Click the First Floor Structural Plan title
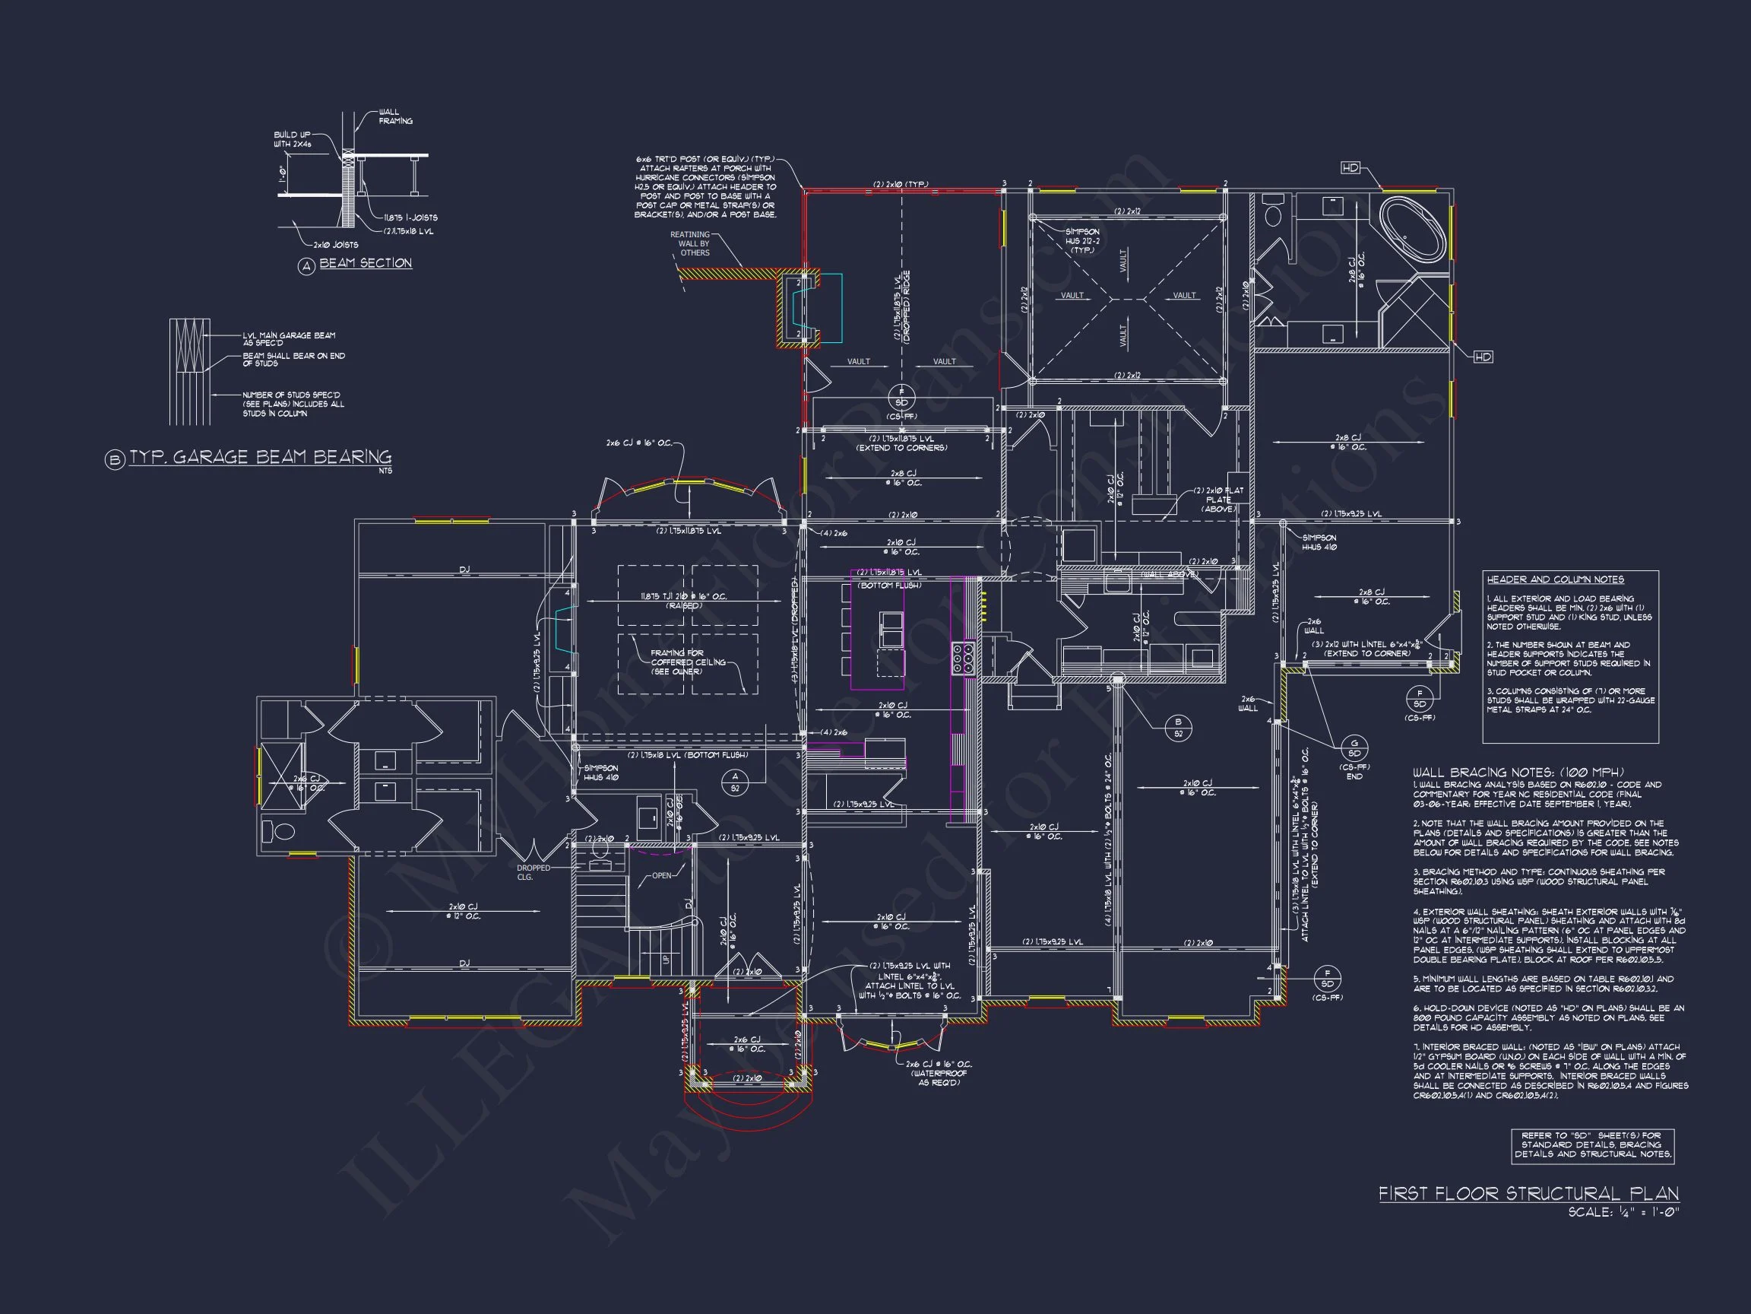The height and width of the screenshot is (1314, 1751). tap(1528, 1194)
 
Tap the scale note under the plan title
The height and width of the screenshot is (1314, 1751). tap(1623, 1213)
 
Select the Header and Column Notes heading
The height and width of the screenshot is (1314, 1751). tap(1555, 579)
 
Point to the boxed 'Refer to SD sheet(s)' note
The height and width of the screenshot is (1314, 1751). tap(1593, 1145)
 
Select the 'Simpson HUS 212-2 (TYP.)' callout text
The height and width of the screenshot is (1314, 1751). tap(1082, 241)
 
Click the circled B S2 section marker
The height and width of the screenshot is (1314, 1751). tap(1178, 727)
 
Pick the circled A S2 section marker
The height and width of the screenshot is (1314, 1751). tap(735, 782)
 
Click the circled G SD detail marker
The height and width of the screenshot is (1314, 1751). tap(1354, 747)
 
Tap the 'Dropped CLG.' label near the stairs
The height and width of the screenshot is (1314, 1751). tap(534, 873)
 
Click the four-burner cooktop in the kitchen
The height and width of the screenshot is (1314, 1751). tap(964, 659)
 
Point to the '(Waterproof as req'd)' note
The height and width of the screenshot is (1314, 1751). tap(939, 1078)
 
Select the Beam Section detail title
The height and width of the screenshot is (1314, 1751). tap(365, 263)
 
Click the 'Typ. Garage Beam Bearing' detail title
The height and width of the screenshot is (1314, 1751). tap(261, 457)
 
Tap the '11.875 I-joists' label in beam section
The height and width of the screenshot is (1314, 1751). tap(410, 217)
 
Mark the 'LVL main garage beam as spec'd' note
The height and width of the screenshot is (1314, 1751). tap(289, 339)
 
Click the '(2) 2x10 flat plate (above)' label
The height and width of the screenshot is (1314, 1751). tap(1218, 499)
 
